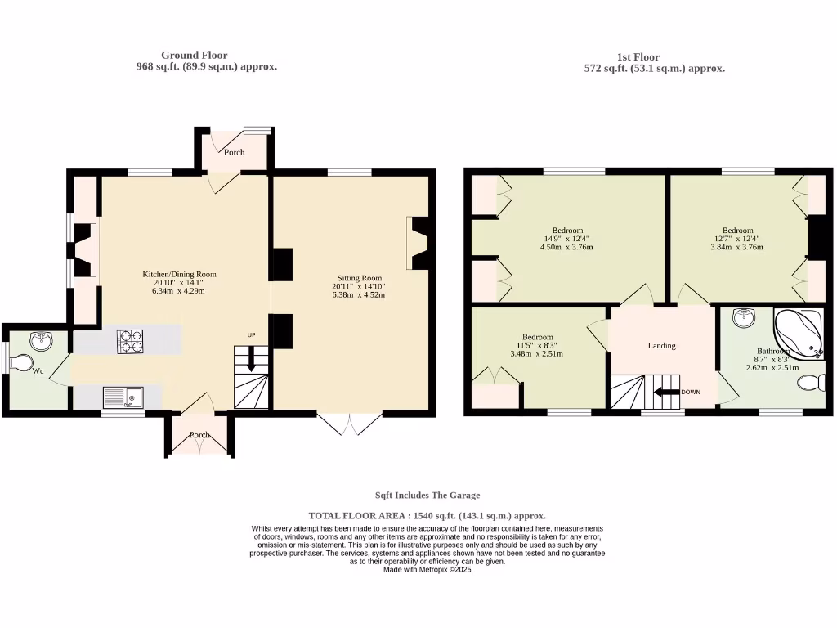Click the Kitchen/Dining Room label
pyautogui.click(x=180, y=275)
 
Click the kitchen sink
pyautogui.click(x=122, y=397)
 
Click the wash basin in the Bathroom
pyautogui.click(x=743, y=318)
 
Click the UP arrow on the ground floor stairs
pyautogui.click(x=251, y=357)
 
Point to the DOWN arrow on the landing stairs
pyautogui.click(x=669, y=392)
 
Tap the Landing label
pyautogui.click(x=661, y=346)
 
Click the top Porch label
pyautogui.click(x=235, y=152)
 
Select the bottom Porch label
pyautogui.click(x=199, y=435)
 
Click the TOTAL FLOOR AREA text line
pyautogui.click(x=427, y=516)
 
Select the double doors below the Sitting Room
pyautogui.click(x=350, y=423)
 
